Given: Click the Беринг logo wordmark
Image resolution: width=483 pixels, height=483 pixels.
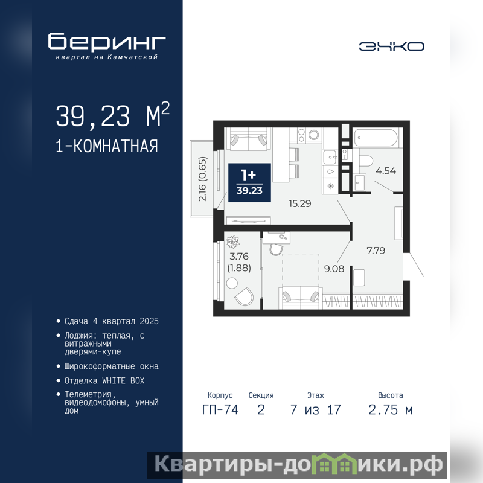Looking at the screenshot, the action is coord(107,41).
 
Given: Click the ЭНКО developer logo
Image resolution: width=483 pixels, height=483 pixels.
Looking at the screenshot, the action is coord(391,46).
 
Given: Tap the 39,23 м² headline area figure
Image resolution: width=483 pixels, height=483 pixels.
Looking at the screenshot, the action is coord(112,115).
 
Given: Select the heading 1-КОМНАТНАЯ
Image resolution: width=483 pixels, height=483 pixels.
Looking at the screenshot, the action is coord(107,146).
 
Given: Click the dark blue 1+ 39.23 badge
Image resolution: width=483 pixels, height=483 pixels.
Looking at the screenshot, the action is coord(249,183).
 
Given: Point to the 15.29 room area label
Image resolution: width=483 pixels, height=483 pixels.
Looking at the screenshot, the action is coord(299,203).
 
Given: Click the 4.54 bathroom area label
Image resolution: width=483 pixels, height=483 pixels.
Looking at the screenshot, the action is coord(386,171).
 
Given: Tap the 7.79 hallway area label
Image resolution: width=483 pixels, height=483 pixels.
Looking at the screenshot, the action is coord(376,250).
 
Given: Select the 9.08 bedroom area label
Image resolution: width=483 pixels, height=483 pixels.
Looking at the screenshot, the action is coord(334,269).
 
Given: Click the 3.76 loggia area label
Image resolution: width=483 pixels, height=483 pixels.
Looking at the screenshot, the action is coord(239,256).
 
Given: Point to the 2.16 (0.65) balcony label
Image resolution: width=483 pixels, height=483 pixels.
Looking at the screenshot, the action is coord(202,179).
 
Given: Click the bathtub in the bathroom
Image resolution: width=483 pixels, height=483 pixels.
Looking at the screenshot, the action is coord(376,138).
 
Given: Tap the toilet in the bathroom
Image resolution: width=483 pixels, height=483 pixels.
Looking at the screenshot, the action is coord(366,161).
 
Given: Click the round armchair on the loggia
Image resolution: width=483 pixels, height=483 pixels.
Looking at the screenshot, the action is coord(245,296).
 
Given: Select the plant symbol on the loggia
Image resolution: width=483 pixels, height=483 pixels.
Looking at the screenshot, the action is coord(233,242).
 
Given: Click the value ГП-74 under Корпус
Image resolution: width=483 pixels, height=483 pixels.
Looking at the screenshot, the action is coord(220,410).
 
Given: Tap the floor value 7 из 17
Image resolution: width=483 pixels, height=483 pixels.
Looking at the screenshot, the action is coord(316,410).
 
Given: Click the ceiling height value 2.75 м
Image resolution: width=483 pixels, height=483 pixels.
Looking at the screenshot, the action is coord(390,410).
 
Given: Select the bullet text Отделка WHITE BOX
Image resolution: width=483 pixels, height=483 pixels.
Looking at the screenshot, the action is coord(104,381).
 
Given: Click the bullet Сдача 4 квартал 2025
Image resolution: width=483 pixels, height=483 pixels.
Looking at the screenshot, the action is coord(112,321).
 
